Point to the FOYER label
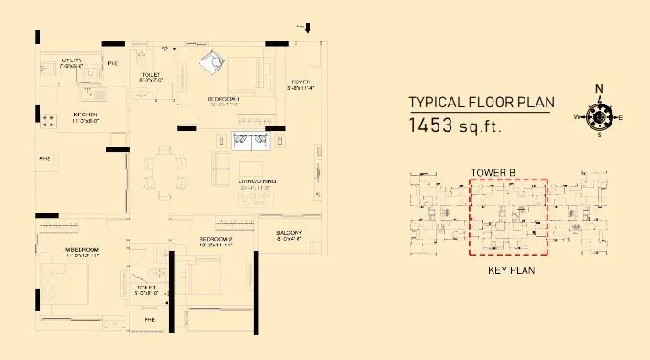point(302,82)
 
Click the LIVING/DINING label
point(257,182)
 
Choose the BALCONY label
point(290,233)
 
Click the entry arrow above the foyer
point(308,27)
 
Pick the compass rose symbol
point(600,117)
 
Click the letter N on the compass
point(600,90)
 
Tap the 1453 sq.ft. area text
point(455,125)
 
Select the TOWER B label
point(495,172)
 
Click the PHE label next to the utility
point(113,63)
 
